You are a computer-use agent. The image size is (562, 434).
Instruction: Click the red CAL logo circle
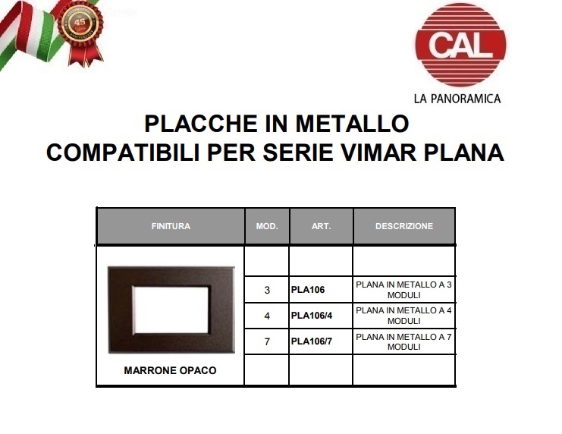(x=460, y=46)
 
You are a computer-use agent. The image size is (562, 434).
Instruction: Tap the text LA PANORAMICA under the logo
(x=457, y=99)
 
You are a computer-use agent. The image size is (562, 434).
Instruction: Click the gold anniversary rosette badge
(x=80, y=33)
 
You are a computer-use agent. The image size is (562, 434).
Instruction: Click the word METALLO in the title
(x=353, y=124)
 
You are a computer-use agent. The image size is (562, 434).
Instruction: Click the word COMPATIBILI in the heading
(x=123, y=153)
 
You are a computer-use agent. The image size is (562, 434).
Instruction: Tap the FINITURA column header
(x=171, y=226)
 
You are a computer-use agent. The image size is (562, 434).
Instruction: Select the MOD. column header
(x=267, y=226)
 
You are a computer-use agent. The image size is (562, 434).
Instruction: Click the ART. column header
(x=321, y=226)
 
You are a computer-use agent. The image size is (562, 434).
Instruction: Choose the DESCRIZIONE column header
(x=404, y=226)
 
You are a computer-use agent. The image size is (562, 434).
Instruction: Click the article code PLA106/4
(x=312, y=316)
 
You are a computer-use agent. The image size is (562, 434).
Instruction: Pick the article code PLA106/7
(x=312, y=341)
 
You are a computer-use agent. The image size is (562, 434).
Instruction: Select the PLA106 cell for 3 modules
(x=308, y=290)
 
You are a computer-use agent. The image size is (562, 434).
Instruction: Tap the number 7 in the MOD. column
(x=267, y=342)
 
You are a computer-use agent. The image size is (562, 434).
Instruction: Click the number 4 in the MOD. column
(x=267, y=316)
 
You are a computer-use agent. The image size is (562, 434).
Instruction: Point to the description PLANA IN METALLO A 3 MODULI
(x=404, y=290)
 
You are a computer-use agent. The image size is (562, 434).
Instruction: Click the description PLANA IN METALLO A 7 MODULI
(x=404, y=342)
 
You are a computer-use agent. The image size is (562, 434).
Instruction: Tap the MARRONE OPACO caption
(x=170, y=370)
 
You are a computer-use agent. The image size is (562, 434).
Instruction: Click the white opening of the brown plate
(x=171, y=310)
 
